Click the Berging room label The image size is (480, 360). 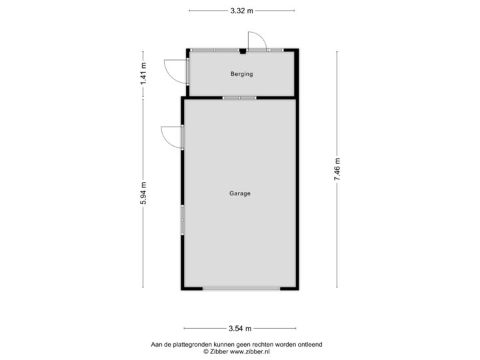241,74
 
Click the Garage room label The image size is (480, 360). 240,193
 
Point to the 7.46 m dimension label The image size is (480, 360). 337,169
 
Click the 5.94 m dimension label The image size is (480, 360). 143,193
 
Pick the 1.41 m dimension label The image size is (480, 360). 143,73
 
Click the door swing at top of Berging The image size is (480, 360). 256,40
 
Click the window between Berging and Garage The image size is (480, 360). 239,98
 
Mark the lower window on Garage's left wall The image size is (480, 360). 182,219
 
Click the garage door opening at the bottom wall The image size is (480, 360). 241,289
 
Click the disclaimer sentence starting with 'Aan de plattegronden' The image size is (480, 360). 237,344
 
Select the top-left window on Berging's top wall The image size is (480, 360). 203,50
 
